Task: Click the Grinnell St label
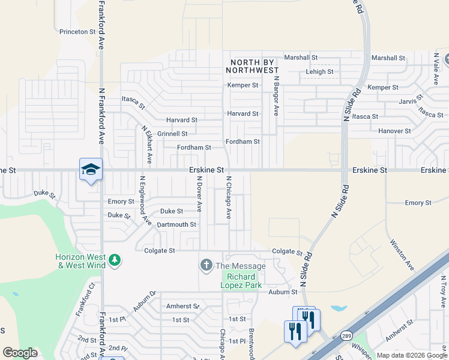(x=172, y=134)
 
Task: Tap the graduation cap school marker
(x=91, y=170)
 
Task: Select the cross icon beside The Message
(x=206, y=265)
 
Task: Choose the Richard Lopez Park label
(x=242, y=281)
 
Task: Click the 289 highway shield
(x=346, y=335)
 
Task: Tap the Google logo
(x=20, y=352)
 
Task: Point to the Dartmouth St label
(x=176, y=224)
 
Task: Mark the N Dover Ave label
(x=199, y=194)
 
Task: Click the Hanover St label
(x=394, y=131)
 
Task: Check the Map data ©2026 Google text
(x=412, y=355)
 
